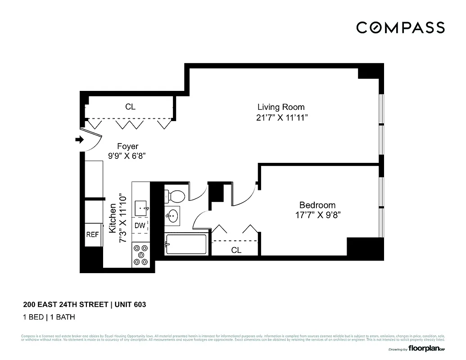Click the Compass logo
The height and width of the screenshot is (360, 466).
(x=400, y=27)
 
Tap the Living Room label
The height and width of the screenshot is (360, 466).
(x=281, y=107)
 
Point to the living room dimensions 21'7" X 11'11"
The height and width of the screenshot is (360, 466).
(x=281, y=118)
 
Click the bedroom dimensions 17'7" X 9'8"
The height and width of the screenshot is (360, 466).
(x=317, y=215)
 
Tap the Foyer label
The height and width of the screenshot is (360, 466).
(x=127, y=146)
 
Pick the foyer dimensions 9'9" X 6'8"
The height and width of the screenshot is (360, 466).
(x=127, y=156)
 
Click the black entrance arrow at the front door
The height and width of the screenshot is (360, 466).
(x=79, y=140)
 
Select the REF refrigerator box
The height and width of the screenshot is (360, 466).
(x=92, y=234)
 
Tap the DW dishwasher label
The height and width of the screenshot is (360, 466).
(x=140, y=225)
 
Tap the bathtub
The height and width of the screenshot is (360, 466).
(x=186, y=244)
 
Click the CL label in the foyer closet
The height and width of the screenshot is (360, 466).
(x=130, y=107)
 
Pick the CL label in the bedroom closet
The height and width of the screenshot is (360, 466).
(x=236, y=250)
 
